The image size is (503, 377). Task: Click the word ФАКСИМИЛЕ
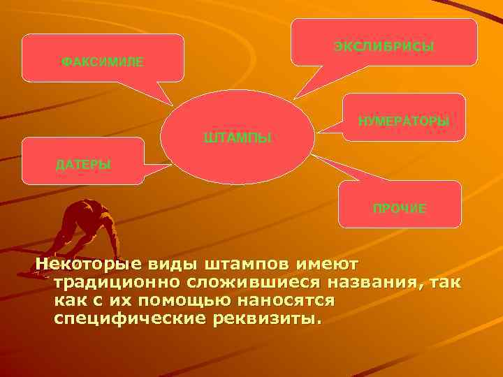coord(103,62)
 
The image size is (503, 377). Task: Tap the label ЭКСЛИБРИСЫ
coord(384,47)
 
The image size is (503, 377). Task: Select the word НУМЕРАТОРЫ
coord(403,121)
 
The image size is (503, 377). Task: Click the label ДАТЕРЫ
coord(83,165)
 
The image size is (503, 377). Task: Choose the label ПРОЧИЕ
coord(400,209)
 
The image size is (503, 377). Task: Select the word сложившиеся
coord(225,283)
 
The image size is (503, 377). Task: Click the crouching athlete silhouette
coord(81,227)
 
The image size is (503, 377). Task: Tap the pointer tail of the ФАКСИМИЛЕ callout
coord(162,93)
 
